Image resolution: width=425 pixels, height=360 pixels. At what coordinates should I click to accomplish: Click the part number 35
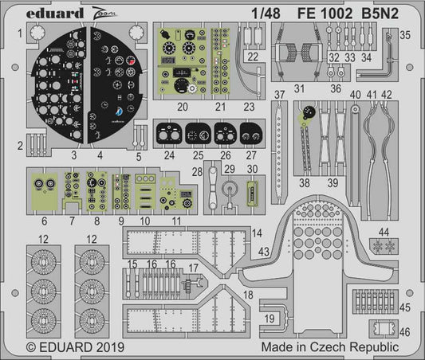click(405, 35)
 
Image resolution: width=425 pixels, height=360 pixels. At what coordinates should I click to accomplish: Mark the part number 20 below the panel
click(182, 106)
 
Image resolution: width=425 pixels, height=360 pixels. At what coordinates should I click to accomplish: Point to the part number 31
click(299, 88)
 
